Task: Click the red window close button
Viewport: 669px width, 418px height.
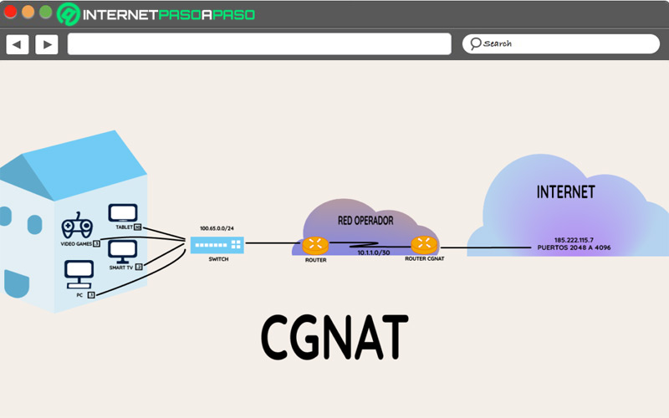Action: pyautogui.click(x=11, y=12)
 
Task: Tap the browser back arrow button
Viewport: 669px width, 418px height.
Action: pyautogui.click(x=18, y=44)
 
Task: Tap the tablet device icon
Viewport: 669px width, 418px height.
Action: pyautogui.click(x=123, y=213)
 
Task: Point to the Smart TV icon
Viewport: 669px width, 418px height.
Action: pyautogui.click(x=123, y=250)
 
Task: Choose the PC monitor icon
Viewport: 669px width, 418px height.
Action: pyautogui.click(x=79, y=272)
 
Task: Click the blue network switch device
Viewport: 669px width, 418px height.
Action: pyautogui.click(x=216, y=244)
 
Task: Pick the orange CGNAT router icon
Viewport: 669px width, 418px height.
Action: pyautogui.click(x=424, y=244)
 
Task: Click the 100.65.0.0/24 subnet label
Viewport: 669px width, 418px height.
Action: pyautogui.click(x=216, y=228)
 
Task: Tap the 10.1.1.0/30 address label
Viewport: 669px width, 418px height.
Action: pyautogui.click(x=374, y=252)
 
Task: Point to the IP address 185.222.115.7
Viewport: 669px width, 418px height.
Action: pyautogui.click(x=573, y=240)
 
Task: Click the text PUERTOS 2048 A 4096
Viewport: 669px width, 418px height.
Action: pyautogui.click(x=575, y=248)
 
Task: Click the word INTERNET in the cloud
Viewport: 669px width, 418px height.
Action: pyautogui.click(x=565, y=192)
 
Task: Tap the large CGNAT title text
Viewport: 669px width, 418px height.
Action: pyautogui.click(x=334, y=337)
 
